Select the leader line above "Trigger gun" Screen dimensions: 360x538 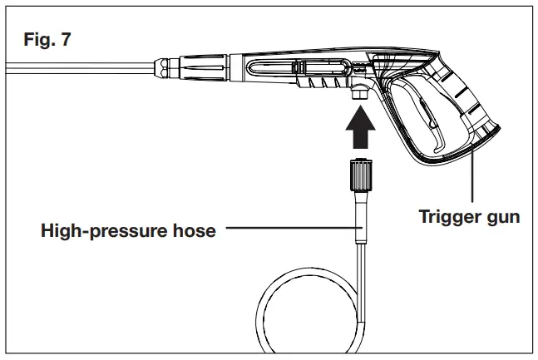coord(471,175)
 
